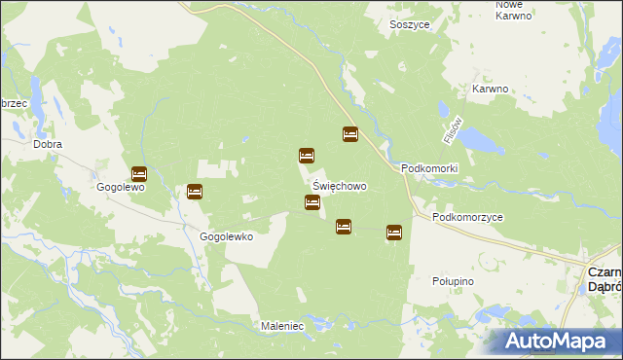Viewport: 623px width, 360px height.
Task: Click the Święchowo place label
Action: [x=340, y=185]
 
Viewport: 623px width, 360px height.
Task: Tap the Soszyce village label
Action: [x=410, y=23]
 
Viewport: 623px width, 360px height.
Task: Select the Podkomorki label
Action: [x=429, y=168]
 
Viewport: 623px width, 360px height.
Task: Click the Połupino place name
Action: [x=452, y=281]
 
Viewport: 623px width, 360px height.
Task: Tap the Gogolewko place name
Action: [x=227, y=236]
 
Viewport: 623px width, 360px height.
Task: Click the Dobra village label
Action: [x=48, y=144]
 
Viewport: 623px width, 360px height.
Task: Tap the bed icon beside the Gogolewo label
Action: [x=138, y=174]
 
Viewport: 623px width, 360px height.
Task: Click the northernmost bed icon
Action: [x=349, y=134]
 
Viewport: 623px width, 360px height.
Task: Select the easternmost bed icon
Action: [x=394, y=232]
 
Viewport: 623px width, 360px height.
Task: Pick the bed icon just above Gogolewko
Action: [x=195, y=192]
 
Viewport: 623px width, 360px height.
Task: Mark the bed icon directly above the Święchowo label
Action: [x=307, y=156]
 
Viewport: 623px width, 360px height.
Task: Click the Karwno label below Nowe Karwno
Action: [x=491, y=89]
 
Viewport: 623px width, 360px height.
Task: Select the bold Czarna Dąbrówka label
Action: [x=605, y=280]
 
